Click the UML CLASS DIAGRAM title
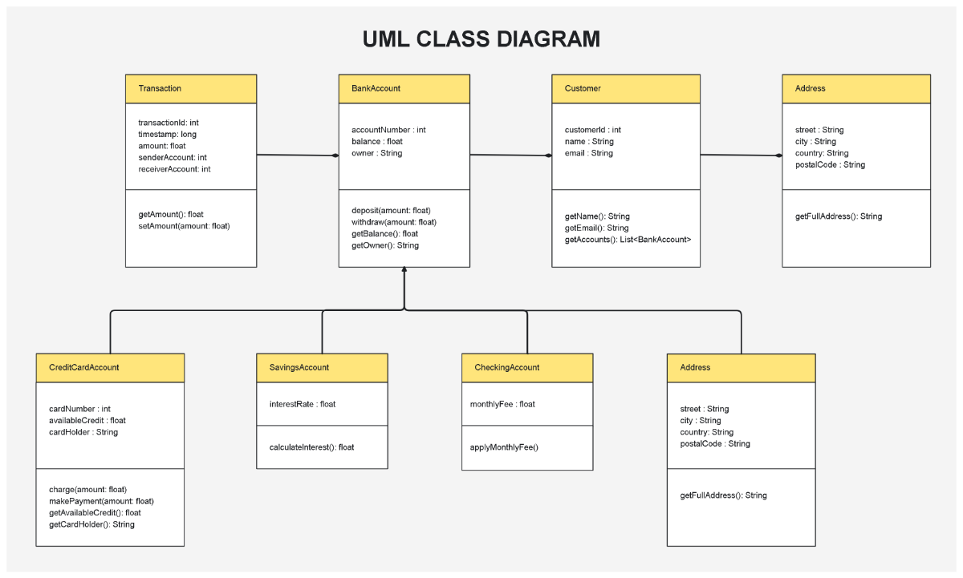481,39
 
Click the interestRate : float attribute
303,404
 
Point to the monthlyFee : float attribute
502,404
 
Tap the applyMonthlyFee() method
504,446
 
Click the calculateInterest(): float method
311,447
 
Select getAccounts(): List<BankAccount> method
628,240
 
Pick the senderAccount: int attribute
173,158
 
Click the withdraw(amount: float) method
394,222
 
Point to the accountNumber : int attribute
388,130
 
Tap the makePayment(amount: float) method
101,501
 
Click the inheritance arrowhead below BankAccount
404,271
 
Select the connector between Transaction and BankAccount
297,156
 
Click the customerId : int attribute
593,130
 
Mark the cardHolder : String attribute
83,432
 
